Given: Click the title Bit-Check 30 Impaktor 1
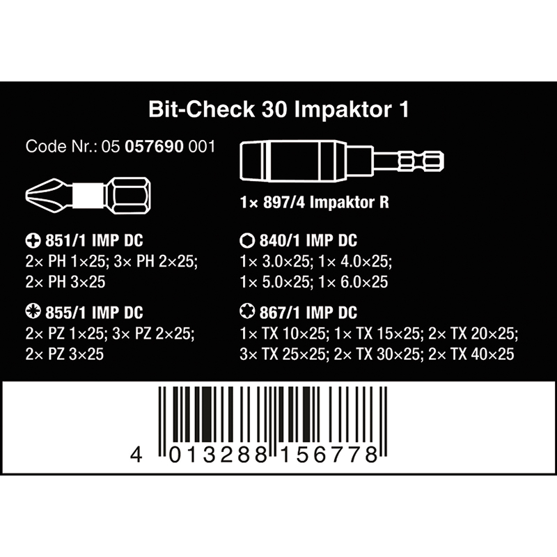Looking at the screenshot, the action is coord(279,109).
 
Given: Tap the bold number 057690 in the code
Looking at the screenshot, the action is coord(154,147).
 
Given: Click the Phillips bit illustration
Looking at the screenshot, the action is coord(88,196).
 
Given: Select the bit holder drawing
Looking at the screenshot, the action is coord(342,162).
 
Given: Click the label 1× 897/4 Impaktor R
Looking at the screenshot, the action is coord(315,203).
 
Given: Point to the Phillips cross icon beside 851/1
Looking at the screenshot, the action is coord(33,241).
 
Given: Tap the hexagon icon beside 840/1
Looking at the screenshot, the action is coord(247,241).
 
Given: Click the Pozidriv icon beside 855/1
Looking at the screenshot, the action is coord(33,311).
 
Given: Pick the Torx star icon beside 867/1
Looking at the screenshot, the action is coord(247,311).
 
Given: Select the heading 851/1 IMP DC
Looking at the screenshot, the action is coord(94,241).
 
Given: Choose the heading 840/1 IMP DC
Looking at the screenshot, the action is coord(308,241).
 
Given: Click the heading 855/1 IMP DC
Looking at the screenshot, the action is coord(94,313).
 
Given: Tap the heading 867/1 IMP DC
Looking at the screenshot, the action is coord(308,313).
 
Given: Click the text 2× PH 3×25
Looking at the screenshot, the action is coord(65,282).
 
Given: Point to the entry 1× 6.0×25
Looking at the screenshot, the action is coord(354,282).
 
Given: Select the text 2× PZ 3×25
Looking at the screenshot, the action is coord(65,354).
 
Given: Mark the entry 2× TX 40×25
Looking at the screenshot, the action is coord(471,354).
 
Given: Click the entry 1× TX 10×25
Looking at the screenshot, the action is coord(283,334).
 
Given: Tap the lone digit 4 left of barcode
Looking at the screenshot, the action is coord(136,455).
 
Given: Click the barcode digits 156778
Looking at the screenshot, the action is coord(329,455).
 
